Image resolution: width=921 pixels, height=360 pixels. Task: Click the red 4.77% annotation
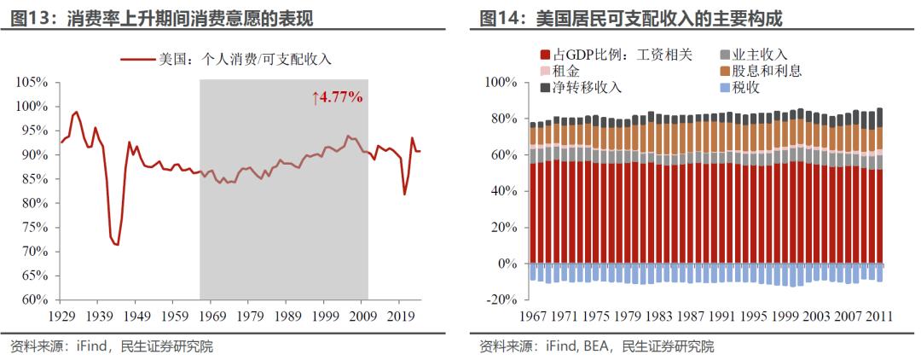point(338,97)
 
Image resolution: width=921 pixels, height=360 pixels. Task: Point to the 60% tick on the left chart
point(33,299)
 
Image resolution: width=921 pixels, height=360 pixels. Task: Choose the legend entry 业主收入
point(759,54)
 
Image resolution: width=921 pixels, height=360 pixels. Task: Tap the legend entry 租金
point(568,71)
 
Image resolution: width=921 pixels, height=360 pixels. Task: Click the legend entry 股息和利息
point(767,71)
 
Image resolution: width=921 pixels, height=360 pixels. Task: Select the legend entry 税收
point(745,88)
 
